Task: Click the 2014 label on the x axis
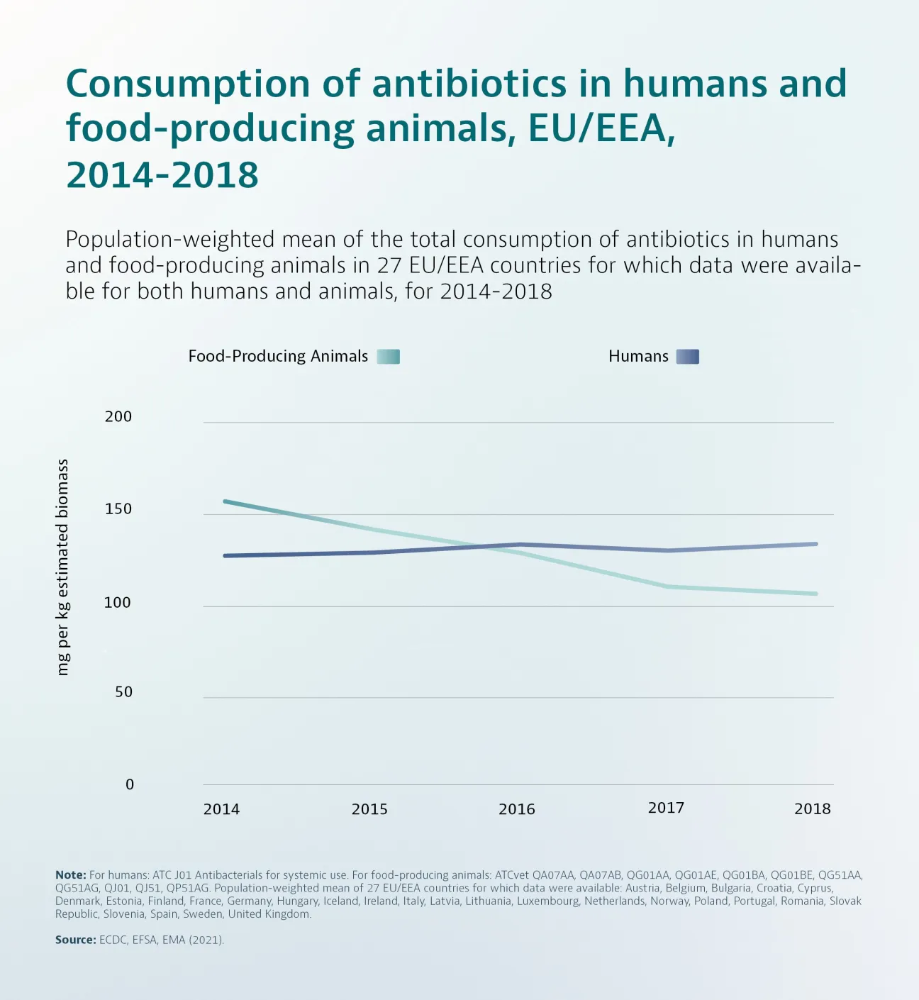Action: click(x=221, y=809)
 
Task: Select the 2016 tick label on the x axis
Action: click(x=516, y=809)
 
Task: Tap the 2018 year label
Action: click(x=812, y=809)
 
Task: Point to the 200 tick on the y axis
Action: click(x=118, y=416)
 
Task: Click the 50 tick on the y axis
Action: click(x=123, y=691)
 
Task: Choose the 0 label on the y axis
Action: click(x=129, y=784)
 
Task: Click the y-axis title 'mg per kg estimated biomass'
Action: click(x=63, y=567)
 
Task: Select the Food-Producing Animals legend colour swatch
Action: click(x=388, y=357)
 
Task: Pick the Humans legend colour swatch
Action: click(x=687, y=357)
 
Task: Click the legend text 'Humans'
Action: click(x=638, y=356)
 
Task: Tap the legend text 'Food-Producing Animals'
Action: click(x=278, y=356)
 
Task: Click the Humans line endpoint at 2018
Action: click(x=815, y=544)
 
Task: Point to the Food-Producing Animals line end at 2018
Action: click(x=815, y=594)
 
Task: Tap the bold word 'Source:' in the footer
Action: click(x=75, y=940)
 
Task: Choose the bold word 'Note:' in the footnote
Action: click(x=70, y=875)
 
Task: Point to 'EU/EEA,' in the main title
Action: click(x=601, y=128)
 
